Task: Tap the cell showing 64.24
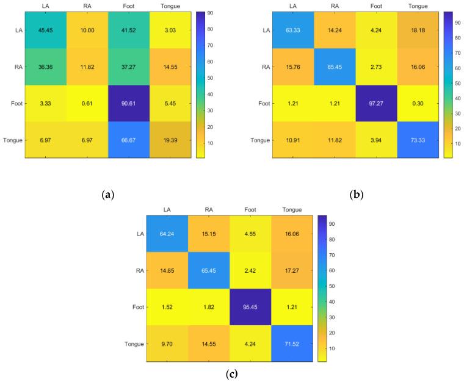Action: pyautogui.click(x=167, y=233)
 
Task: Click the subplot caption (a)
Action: pyautogui.click(x=109, y=195)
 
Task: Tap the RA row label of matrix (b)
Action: pyautogui.click(x=265, y=67)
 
